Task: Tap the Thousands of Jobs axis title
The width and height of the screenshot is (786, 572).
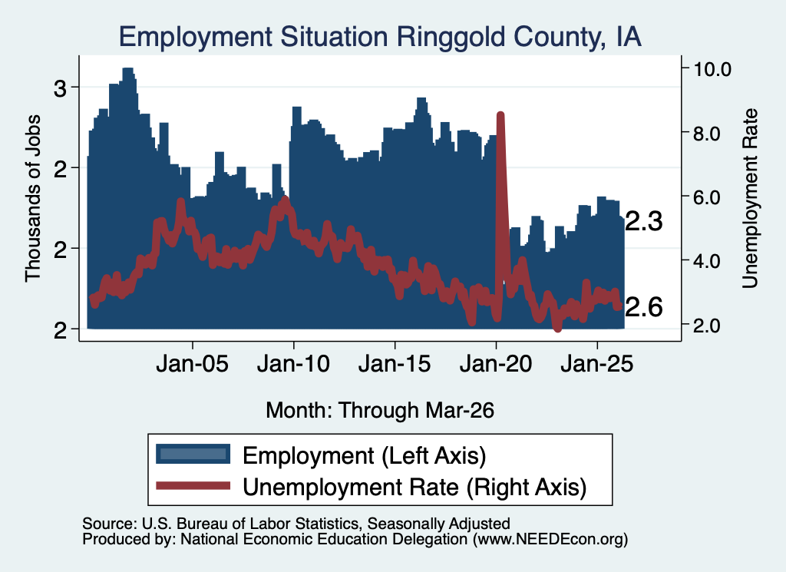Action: tap(32, 198)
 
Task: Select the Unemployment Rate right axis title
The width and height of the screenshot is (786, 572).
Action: tap(750, 198)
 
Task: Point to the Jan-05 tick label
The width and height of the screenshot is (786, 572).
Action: tap(193, 364)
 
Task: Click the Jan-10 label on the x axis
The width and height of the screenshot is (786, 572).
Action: tap(294, 364)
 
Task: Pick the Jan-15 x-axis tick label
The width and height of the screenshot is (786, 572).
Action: tap(395, 364)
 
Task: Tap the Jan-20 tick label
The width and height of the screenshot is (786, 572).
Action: tap(496, 364)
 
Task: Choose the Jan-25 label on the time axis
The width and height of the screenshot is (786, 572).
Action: tap(597, 364)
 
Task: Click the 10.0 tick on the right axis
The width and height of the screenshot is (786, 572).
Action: tap(712, 69)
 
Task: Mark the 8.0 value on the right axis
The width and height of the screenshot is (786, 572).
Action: tap(707, 134)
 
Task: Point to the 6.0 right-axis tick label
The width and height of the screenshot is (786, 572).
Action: tap(707, 197)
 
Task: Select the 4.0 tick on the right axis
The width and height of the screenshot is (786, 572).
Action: tap(707, 261)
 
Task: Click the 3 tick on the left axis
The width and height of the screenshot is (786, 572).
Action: tap(60, 88)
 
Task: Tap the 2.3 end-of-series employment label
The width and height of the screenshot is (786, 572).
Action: tap(644, 221)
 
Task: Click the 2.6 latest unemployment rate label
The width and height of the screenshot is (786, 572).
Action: tap(644, 307)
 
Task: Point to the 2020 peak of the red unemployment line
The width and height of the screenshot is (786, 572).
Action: tap(500, 115)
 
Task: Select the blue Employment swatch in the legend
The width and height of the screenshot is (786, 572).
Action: tap(193, 455)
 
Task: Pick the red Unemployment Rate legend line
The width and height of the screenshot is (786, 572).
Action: tap(193, 485)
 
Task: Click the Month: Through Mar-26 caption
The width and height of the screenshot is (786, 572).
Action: tap(380, 410)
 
